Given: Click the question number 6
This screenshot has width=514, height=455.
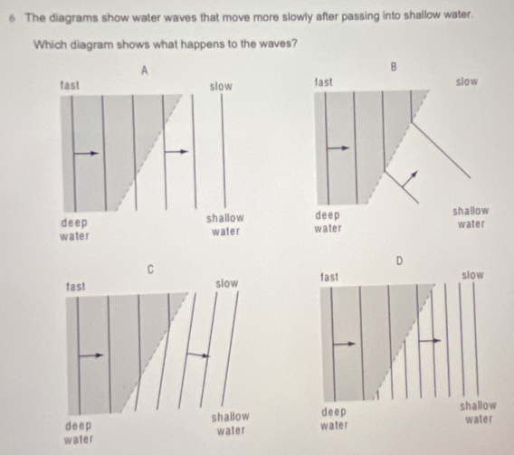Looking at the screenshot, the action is pyautogui.click(x=12, y=18).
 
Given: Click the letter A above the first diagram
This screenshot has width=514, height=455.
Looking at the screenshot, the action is pyautogui.click(x=145, y=70).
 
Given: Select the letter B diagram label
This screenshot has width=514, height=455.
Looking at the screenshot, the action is pyautogui.click(x=394, y=67).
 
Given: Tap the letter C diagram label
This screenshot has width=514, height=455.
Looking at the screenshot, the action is pyautogui.click(x=150, y=270).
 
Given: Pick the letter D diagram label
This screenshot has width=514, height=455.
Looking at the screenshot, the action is pyautogui.click(x=399, y=261).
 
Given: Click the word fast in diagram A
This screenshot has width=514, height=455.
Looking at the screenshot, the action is pyautogui.click(x=70, y=85).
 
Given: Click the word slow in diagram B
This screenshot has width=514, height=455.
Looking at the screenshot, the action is pyautogui.click(x=466, y=81).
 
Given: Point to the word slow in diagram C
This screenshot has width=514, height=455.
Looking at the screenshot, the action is pyautogui.click(x=227, y=283).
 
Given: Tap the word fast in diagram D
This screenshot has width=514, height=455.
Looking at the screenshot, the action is pyautogui.click(x=329, y=277).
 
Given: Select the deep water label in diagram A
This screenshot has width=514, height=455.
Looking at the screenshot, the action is pyautogui.click(x=74, y=229).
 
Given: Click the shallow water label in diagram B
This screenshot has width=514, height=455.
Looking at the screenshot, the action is pyautogui.click(x=471, y=217).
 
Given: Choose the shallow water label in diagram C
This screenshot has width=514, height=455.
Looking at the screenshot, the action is pyautogui.click(x=231, y=423).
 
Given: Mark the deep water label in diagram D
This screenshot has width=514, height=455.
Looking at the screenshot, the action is pyautogui.click(x=334, y=419).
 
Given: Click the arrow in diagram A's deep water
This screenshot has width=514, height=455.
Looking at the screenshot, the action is pyautogui.click(x=87, y=153).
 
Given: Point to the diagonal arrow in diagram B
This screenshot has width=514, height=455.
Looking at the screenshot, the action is pyautogui.click(x=410, y=179).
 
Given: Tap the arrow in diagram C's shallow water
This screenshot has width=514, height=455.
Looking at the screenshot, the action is pyautogui.click(x=198, y=355).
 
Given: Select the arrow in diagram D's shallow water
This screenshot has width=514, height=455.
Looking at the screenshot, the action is pyautogui.click(x=430, y=341).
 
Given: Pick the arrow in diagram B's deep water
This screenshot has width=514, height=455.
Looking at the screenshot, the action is pyautogui.click(x=339, y=148).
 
